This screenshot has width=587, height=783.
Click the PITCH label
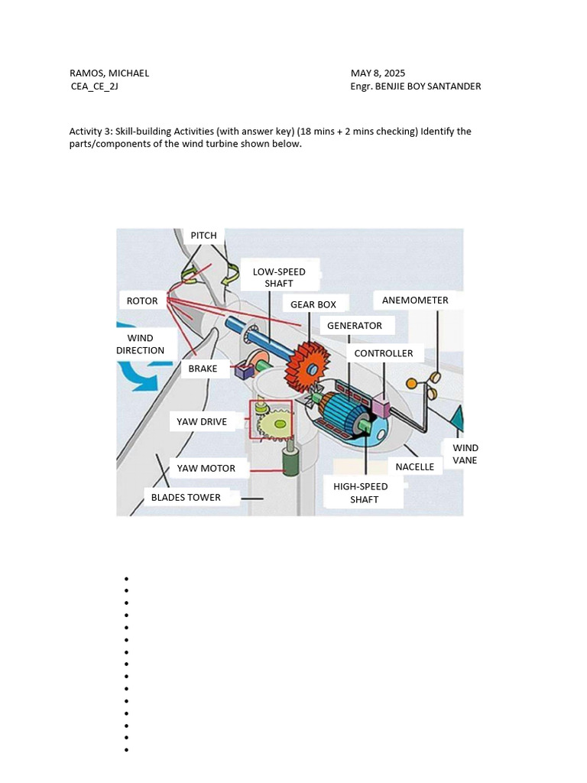(x=203, y=236)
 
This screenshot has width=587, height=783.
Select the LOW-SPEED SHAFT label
(x=279, y=278)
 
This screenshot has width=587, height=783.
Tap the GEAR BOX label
(x=313, y=304)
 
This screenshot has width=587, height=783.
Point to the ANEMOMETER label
(x=415, y=301)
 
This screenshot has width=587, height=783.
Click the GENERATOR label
(x=355, y=326)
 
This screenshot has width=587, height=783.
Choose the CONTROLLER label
(x=384, y=353)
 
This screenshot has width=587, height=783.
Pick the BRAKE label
(x=203, y=369)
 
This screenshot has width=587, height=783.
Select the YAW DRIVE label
(x=202, y=421)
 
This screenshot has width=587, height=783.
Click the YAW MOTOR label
(x=206, y=468)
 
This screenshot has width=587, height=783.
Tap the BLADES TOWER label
(x=186, y=497)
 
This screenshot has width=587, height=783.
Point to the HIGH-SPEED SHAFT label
(x=361, y=492)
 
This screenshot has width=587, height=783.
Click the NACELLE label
(x=415, y=466)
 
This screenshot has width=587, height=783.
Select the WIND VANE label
(x=465, y=454)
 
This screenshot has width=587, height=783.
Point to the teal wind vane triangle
(x=456, y=419)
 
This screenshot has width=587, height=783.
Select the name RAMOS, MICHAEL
(x=109, y=73)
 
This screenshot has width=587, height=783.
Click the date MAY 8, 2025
(x=378, y=73)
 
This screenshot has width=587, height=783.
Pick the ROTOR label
(x=142, y=301)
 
